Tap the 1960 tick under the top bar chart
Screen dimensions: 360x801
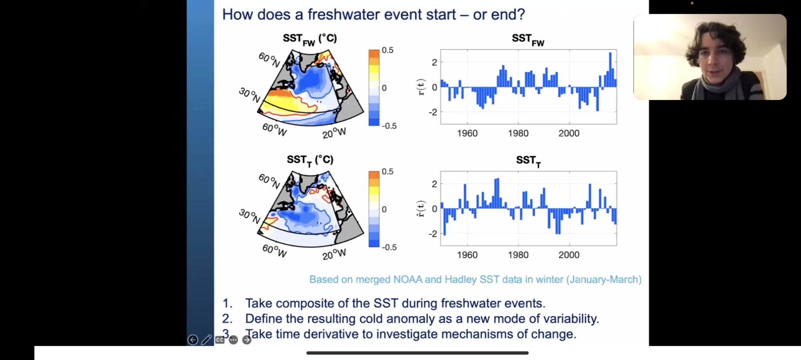click(467, 133)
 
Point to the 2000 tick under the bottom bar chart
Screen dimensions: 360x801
click(569, 255)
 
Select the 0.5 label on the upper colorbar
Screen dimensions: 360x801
click(387, 50)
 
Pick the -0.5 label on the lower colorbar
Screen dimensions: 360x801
click(389, 247)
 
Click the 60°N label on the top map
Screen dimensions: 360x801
click(269, 60)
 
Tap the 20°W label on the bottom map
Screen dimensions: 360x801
click(334, 254)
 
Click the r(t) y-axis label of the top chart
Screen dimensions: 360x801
click(421, 87)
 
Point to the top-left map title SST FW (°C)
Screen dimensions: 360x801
click(310, 39)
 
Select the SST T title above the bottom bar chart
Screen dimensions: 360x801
click(528, 161)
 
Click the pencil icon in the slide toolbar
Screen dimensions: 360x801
click(206, 340)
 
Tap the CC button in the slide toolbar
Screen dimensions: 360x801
click(220, 340)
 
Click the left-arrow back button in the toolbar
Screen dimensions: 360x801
click(192, 340)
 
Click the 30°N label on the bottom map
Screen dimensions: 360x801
click(249, 216)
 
